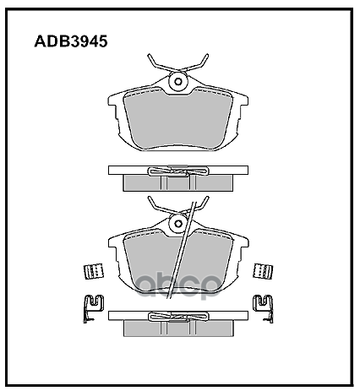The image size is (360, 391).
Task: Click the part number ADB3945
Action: click(71, 41)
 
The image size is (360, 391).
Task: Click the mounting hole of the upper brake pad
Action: click(177, 82)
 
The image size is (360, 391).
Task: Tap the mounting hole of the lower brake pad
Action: click(177, 224)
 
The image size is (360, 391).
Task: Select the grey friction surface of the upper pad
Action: click(178, 118)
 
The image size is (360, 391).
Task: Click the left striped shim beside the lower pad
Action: click(94, 272)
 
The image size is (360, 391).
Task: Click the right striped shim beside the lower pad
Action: click(263, 271)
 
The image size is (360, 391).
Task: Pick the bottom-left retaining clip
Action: click(94, 307)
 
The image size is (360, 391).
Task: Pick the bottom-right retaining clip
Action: click(263, 307)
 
